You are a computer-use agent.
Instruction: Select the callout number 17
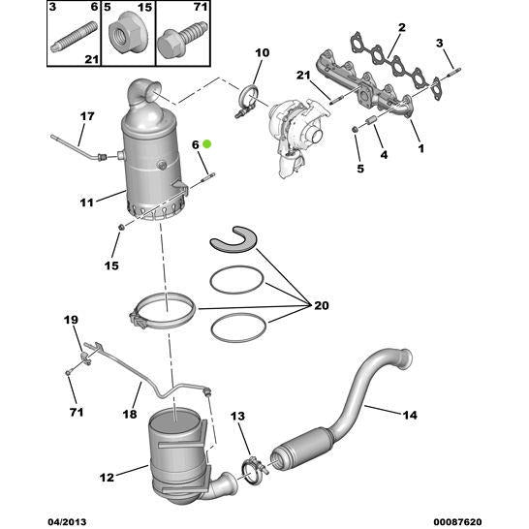click(86, 117)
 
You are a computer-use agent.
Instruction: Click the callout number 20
click(322, 305)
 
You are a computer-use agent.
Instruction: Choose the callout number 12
click(107, 476)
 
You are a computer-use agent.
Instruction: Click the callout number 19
click(71, 321)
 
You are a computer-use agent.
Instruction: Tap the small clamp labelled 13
click(253, 473)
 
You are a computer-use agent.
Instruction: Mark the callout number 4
click(384, 155)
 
